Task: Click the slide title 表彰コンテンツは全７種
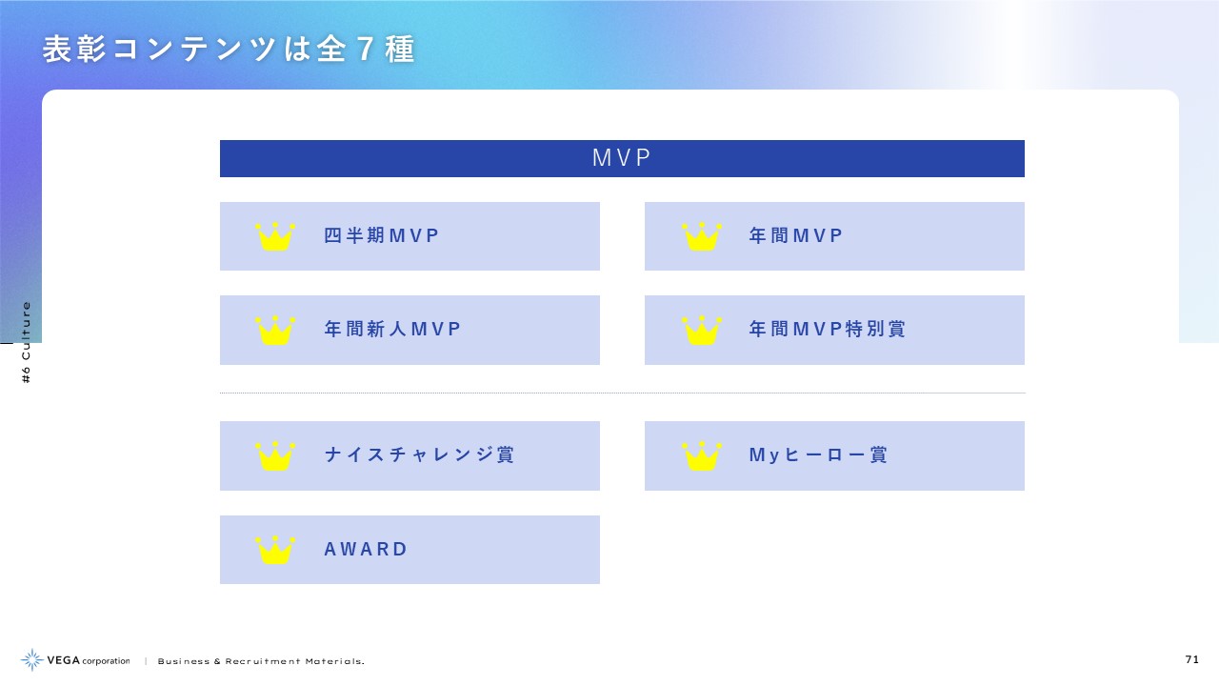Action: pyautogui.click(x=230, y=49)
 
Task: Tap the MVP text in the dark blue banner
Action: pyautogui.click(x=622, y=158)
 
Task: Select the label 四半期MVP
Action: pyautogui.click(x=381, y=235)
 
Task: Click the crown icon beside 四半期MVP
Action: pyautogui.click(x=275, y=236)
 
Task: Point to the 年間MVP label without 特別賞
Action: pyautogui.click(x=795, y=235)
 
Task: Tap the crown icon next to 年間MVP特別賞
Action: pyautogui.click(x=702, y=330)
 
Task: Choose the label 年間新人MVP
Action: pyautogui.click(x=392, y=330)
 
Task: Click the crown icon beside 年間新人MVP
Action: pyautogui.click(x=275, y=330)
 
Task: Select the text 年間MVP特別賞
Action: pyautogui.click(x=828, y=330)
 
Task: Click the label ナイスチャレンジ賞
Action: pyautogui.click(x=419, y=455)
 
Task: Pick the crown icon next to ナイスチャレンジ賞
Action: pyautogui.click(x=275, y=455)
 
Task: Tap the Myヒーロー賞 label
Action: pyautogui.click(x=818, y=455)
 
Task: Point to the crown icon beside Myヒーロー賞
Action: pyautogui.click(x=702, y=455)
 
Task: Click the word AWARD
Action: pyautogui.click(x=365, y=550)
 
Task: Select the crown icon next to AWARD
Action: pyautogui.click(x=275, y=550)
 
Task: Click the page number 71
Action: pyautogui.click(x=1191, y=660)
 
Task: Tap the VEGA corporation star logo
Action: pyautogui.click(x=32, y=660)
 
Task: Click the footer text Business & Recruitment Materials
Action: pyautogui.click(x=261, y=661)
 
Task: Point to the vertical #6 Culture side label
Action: pyautogui.click(x=26, y=342)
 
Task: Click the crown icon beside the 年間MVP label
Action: pyautogui.click(x=702, y=236)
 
